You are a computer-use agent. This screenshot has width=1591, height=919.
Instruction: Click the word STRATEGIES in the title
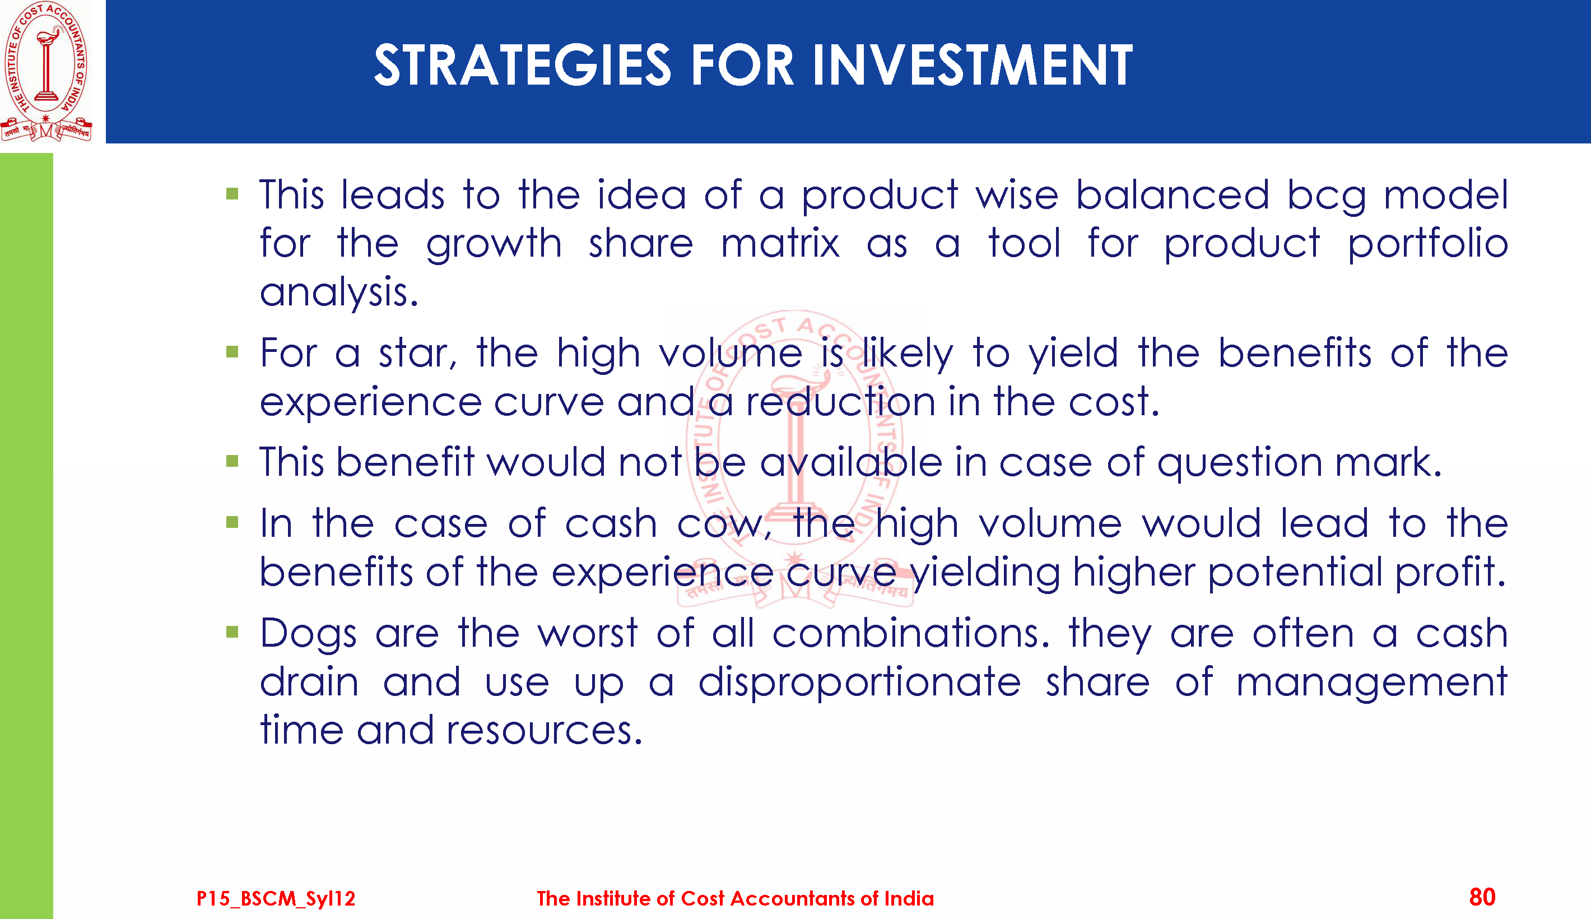click(x=522, y=65)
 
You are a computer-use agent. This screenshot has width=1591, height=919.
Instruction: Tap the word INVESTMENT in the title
click(x=973, y=65)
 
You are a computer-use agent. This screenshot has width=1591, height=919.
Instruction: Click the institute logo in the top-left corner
click(x=46, y=71)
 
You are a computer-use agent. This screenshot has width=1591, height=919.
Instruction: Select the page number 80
click(x=1482, y=897)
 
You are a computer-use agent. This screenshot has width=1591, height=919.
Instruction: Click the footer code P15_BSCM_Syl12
click(x=276, y=898)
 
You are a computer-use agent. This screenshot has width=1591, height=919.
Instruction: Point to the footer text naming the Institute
click(x=735, y=898)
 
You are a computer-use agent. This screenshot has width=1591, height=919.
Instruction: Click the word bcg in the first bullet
click(x=1327, y=196)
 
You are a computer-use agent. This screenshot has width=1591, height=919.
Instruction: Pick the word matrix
click(x=780, y=244)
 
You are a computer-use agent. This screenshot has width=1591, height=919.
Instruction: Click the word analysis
click(x=339, y=293)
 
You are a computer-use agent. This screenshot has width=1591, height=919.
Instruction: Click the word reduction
click(x=841, y=402)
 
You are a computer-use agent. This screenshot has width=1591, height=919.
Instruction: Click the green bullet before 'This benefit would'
click(x=232, y=461)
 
